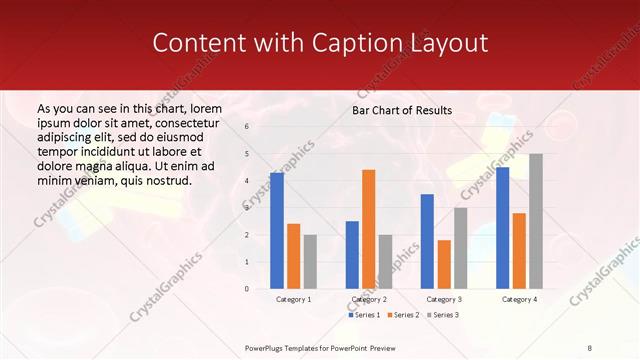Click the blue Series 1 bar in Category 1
click(277, 231)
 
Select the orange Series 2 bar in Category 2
click(369, 229)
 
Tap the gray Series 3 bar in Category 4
click(536, 221)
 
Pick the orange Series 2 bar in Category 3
click(444, 264)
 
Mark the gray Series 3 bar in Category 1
click(310, 262)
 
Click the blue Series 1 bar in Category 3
click(427, 241)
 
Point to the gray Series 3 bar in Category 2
click(385, 262)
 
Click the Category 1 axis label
click(293, 299)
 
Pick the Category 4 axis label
click(519, 299)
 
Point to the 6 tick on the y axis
click(247, 127)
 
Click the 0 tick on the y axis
click(247, 289)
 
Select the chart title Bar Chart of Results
click(402, 110)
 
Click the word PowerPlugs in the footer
click(265, 348)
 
